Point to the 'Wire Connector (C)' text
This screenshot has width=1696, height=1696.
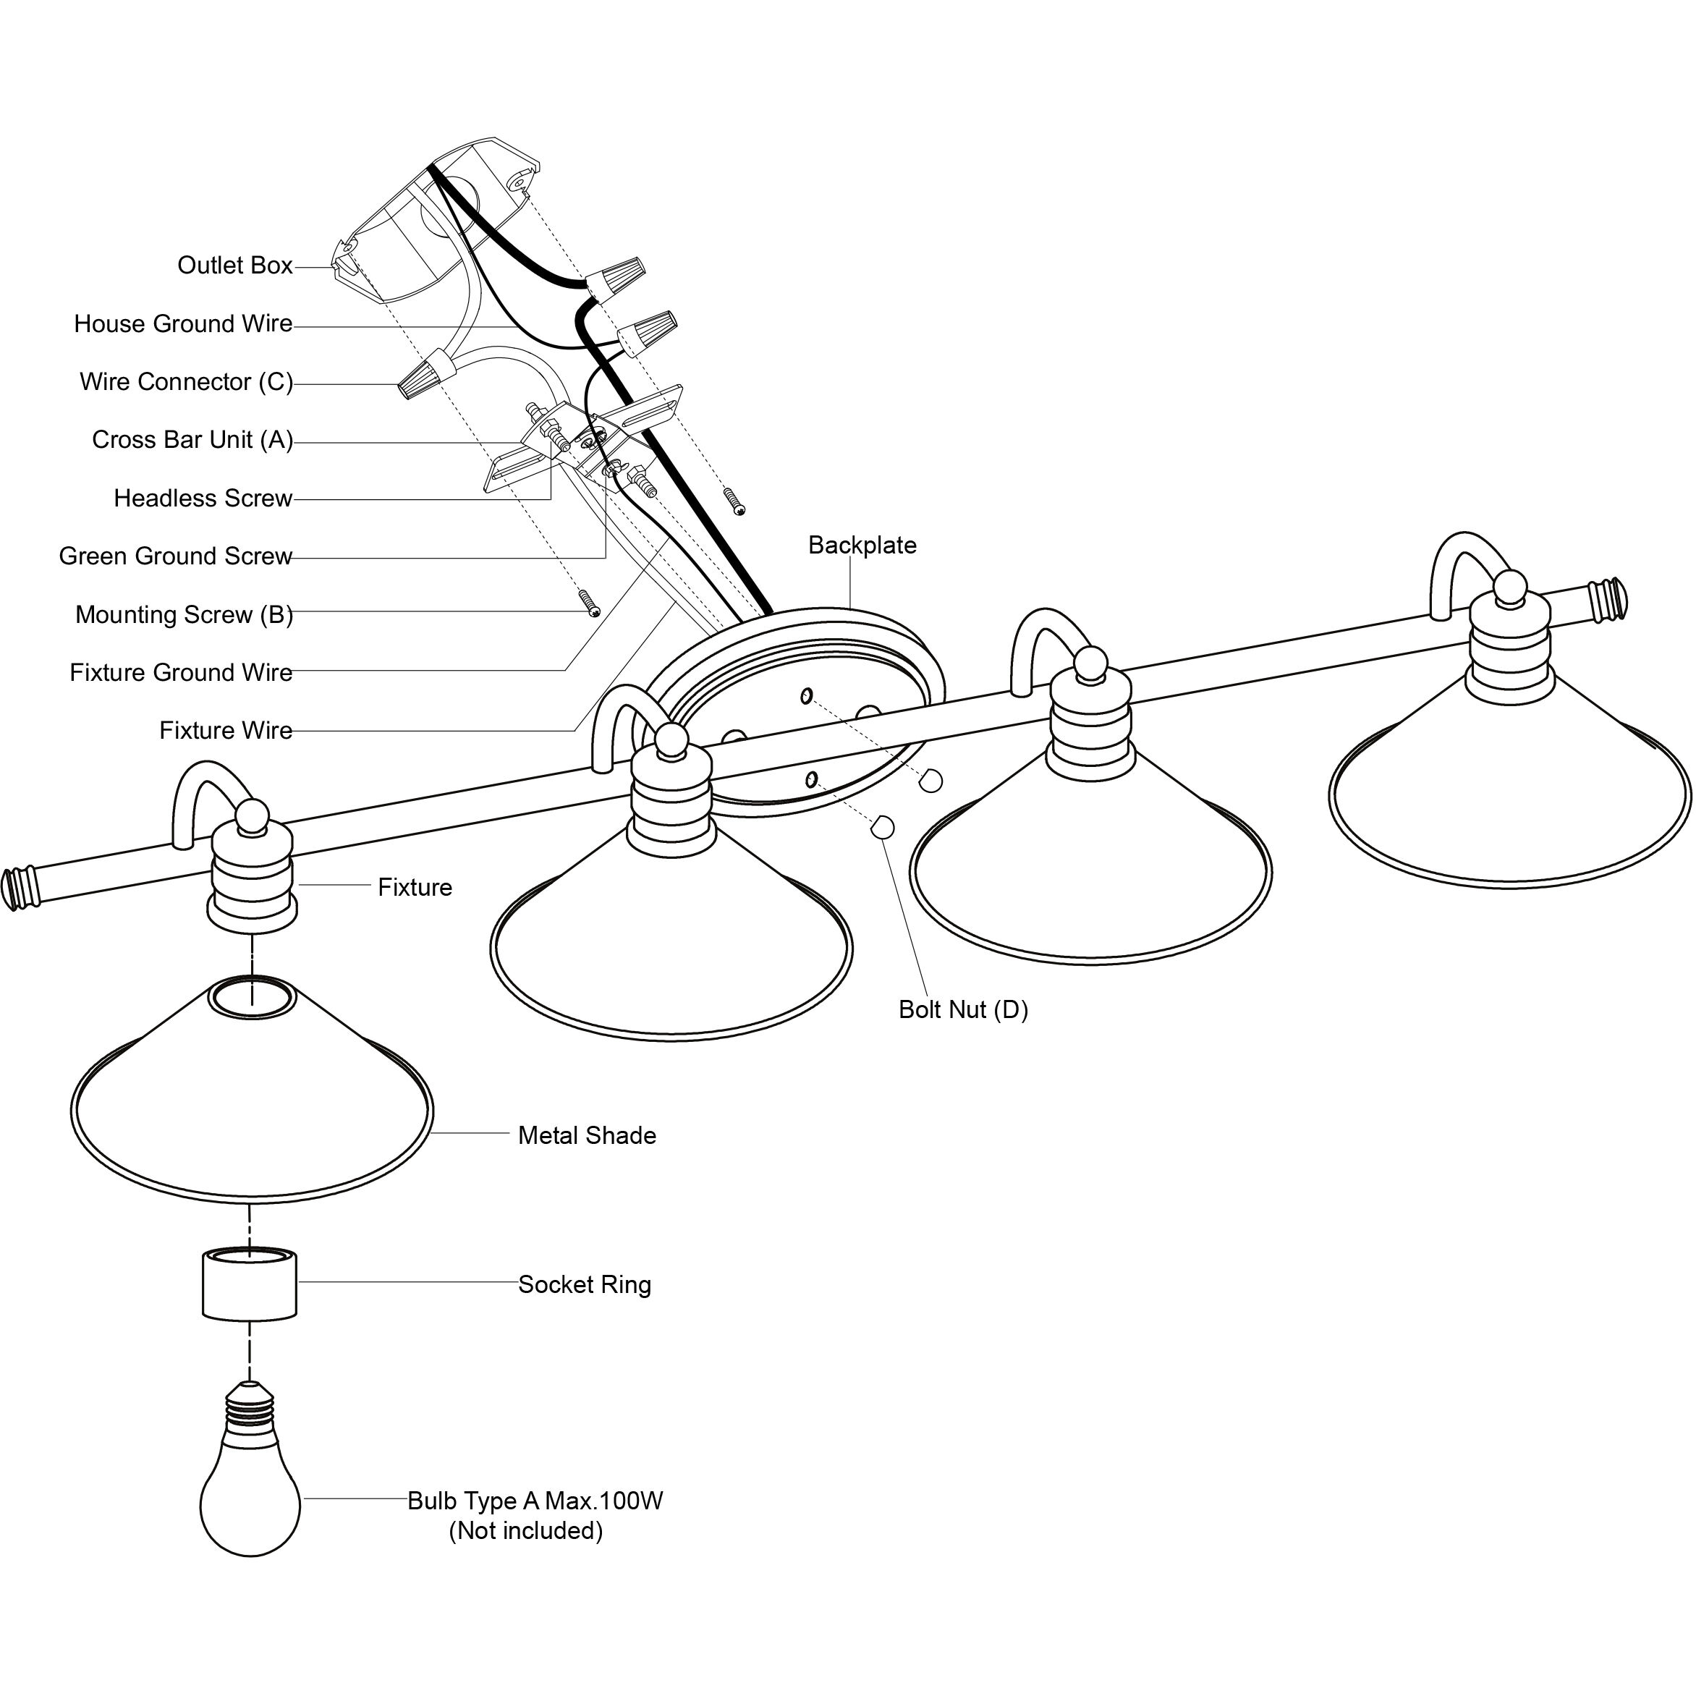186,382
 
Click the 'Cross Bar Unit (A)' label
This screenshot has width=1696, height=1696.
192,440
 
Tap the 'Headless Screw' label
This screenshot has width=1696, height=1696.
203,499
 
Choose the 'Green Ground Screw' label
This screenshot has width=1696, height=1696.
176,556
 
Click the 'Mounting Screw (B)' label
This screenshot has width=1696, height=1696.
185,614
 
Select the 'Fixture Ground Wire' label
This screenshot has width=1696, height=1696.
181,672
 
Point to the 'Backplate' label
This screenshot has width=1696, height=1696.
862,545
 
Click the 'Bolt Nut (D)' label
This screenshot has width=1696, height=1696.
963,1009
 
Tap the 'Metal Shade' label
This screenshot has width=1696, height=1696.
586,1135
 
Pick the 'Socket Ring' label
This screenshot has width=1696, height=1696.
585,1284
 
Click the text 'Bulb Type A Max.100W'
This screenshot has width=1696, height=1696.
535,1500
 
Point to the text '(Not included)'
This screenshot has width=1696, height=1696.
526,1530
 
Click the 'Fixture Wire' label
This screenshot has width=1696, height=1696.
226,730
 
